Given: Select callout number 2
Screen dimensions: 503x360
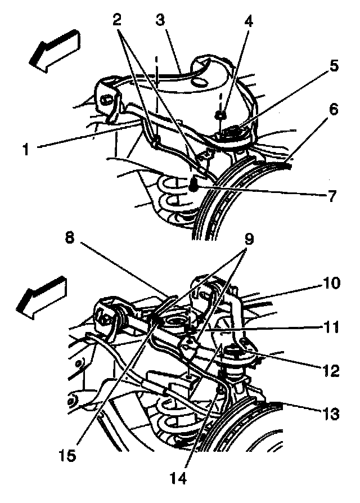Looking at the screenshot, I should pos(117,21).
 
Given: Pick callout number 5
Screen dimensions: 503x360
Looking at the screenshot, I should pos(334,65).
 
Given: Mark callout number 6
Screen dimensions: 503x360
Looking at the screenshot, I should pos(334,110).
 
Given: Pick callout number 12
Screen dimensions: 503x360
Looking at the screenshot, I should pos(331,371).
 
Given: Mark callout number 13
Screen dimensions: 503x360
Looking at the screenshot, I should pos(332,415).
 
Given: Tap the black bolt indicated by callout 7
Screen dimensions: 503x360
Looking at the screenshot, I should pos(192,183).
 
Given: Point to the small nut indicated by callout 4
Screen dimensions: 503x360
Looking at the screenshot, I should pos(220,116).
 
